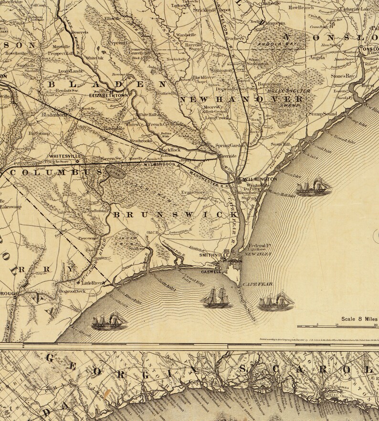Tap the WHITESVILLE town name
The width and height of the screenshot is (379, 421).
pyautogui.click(x=65, y=156)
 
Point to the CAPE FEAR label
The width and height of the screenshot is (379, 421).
pyautogui.click(x=257, y=284)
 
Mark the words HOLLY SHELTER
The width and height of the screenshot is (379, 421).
pyautogui.click(x=288, y=91)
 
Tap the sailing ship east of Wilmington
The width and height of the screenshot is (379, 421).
pyautogui.click(x=314, y=186)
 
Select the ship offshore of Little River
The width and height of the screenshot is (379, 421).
pyautogui.click(x=110, y=321)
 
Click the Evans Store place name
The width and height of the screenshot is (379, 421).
pyautogui.click(x=192, y=192)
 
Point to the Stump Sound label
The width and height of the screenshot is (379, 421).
pyautogui.click(x=322, y=114)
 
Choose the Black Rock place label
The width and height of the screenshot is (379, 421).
pyautogui.click(x=170, y=149)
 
